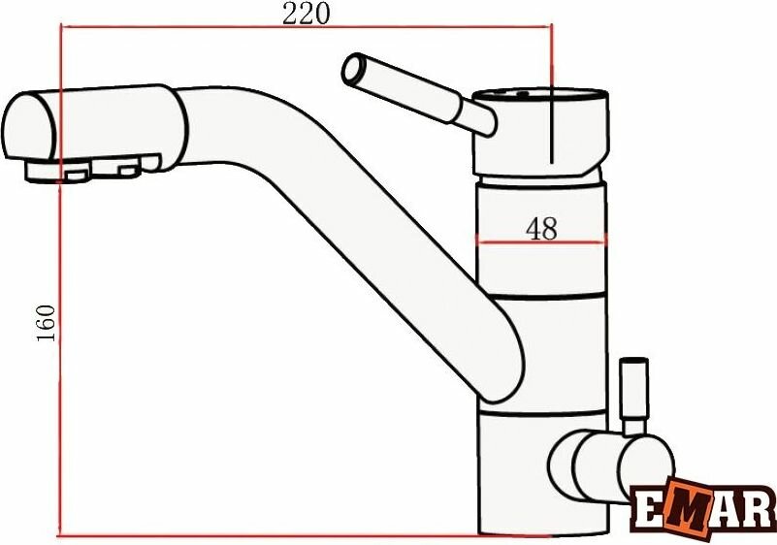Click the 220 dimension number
point(306,14)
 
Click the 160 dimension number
point(47,323)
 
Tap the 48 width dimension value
point(541,229)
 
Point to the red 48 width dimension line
point(541,242)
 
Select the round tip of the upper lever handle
point(353,69)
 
